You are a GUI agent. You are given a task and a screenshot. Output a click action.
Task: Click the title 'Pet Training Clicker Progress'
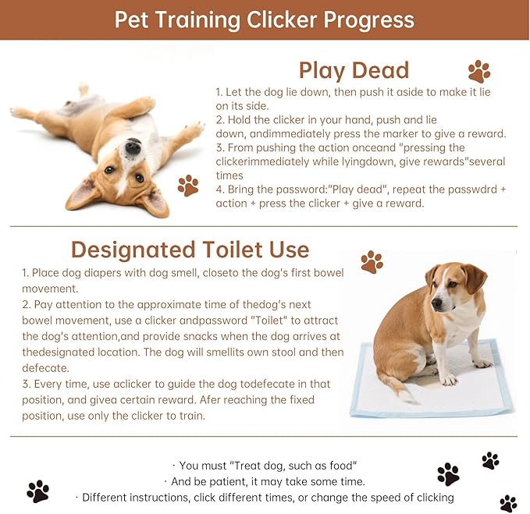(265, 19)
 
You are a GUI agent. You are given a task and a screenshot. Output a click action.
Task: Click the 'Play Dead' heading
(354, 70)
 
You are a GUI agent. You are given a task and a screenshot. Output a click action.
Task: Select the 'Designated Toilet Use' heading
(190, 250)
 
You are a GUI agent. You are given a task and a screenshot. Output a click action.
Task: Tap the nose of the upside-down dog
(133, 146)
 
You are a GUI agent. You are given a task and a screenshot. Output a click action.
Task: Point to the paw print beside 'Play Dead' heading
(478, 72)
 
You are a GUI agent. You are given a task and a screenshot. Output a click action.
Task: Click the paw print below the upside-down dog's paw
(187, 185)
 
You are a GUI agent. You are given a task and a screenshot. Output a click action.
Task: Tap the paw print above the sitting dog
(372, 261)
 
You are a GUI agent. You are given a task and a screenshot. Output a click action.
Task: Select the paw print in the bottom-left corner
(37, 491)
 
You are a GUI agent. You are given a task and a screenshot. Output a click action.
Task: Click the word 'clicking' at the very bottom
(429, 498)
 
